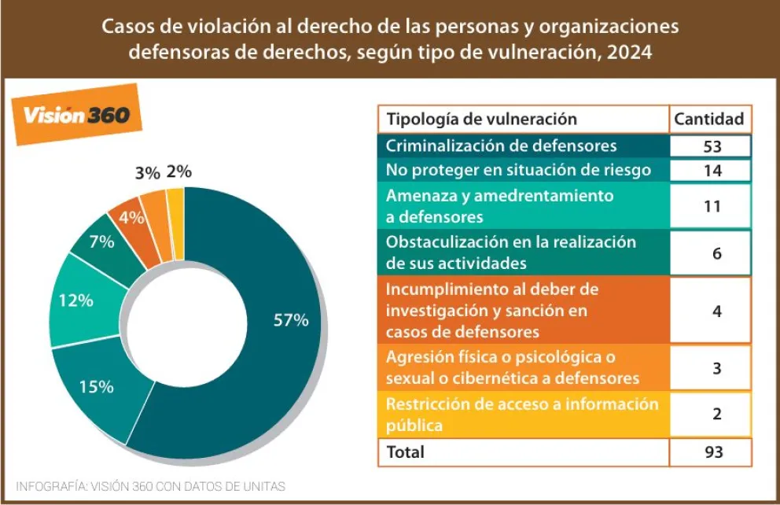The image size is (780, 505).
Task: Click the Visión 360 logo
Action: tap(76, 115)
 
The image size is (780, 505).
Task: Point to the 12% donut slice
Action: tap(76, 300)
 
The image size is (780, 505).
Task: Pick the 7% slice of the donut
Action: tap(101, 242)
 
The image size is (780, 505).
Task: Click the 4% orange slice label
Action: tap(131, 218)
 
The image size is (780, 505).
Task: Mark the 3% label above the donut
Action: tap(147, 173)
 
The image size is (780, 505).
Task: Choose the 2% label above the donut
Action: tap(179, 171)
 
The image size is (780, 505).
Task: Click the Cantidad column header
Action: tap(708, 120)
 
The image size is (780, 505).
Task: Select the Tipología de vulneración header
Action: tap(481, 120)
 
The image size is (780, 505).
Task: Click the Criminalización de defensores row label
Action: tap(501, 146)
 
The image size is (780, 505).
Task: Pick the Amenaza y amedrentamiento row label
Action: tap(499, 205)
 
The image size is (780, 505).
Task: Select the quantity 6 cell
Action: tap(716, 253)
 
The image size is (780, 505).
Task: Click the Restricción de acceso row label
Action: tap(521, 415)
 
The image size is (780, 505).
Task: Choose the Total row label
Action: tap(405, 452)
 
